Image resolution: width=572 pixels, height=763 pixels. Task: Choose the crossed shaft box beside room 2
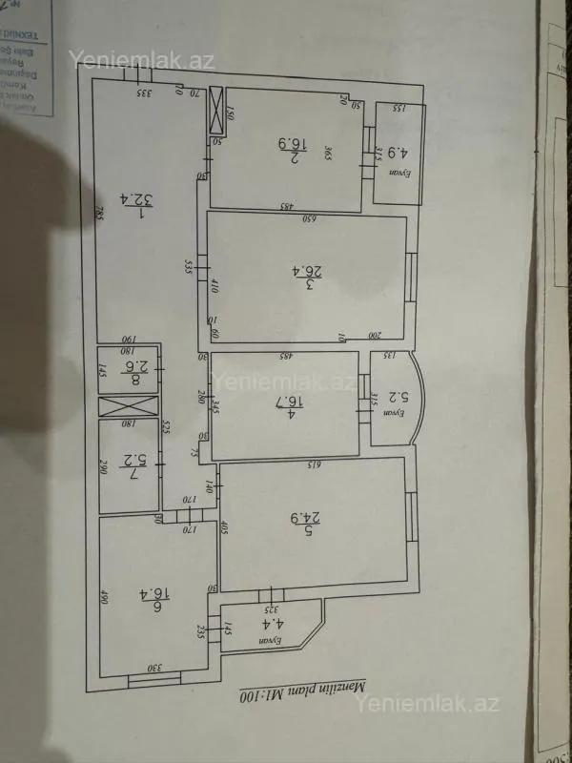(217, 108)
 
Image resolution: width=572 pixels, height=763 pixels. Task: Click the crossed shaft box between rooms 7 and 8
(127, 406)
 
